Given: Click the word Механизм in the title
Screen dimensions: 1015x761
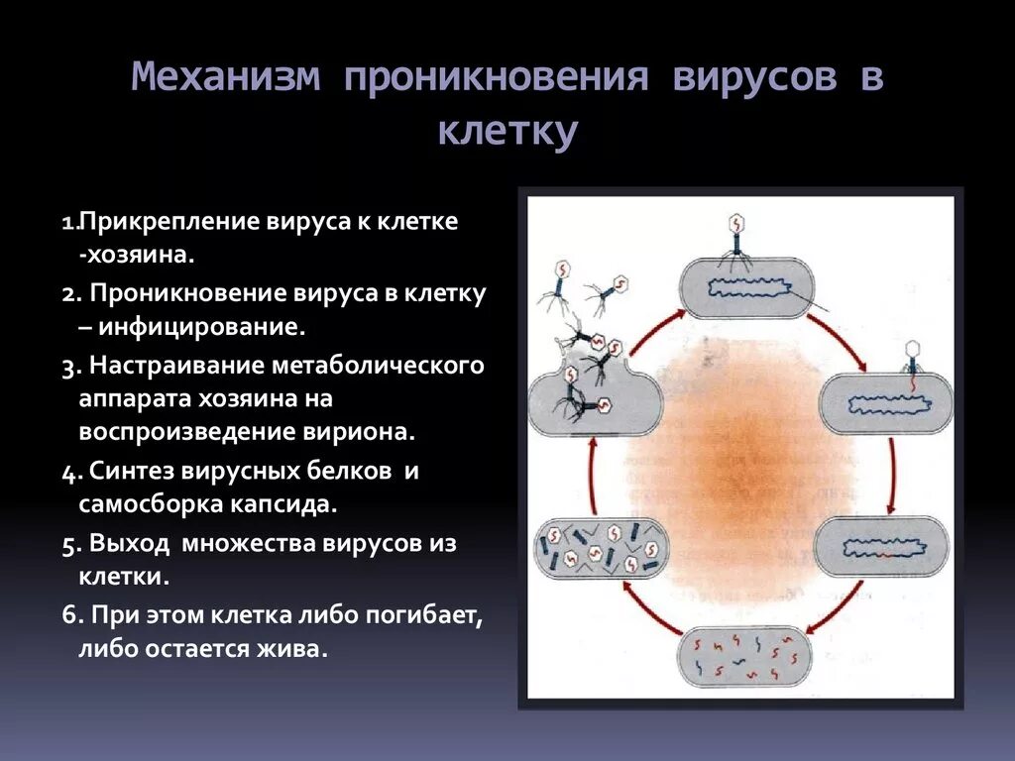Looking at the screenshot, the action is tap(227, 78).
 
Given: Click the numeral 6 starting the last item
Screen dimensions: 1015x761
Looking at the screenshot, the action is tap(68, 615).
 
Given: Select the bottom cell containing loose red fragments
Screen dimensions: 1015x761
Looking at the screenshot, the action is tap(744, 656).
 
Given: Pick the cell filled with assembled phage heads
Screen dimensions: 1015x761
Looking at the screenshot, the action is tap(602, 548).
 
